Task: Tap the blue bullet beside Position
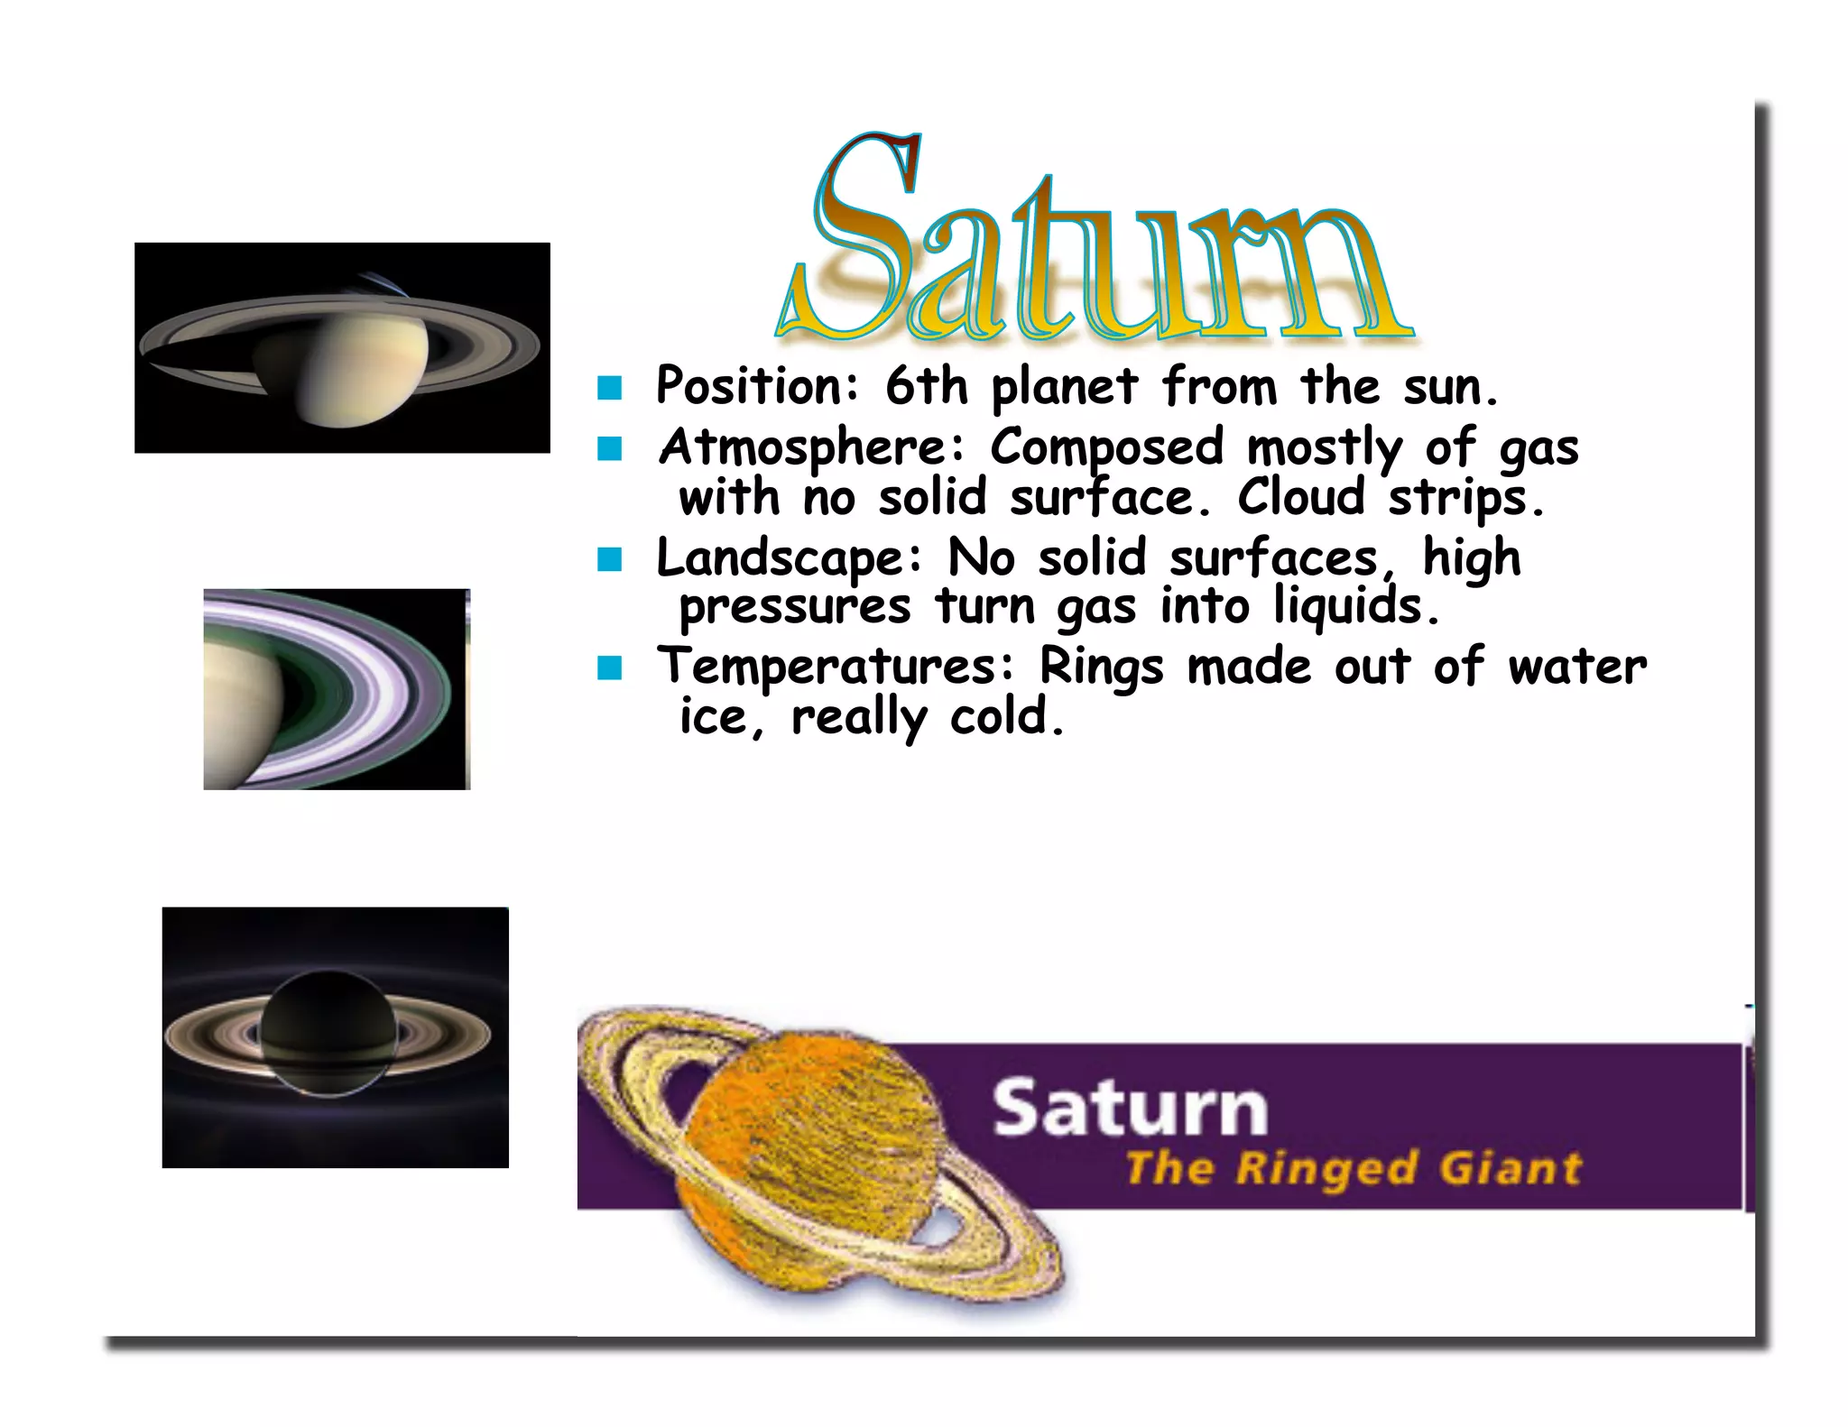[610, 388]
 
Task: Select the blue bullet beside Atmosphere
[610, 448]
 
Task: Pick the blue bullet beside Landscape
[610, 560]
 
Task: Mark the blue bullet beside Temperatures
[610, 668]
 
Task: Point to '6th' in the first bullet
[926, 386]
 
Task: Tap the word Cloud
[1300, 497]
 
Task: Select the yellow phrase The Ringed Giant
[1353, 1168]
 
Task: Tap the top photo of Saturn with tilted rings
[342, 347]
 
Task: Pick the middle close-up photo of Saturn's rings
[337, 689]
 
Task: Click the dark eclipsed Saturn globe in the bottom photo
[328, 1033]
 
